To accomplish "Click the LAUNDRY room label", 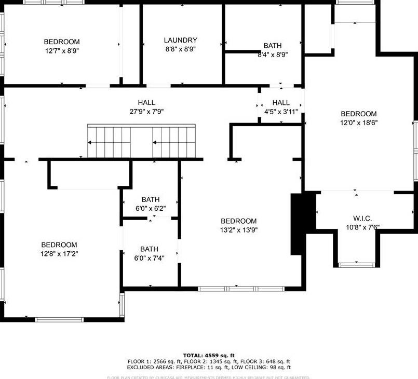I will (x=180, y=40).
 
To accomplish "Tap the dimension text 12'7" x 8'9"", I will (x=62, y=51).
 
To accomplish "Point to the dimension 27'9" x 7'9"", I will (x=146, y=112).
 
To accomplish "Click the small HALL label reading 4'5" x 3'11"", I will (x=281, y=103).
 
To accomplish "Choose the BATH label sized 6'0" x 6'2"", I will (x=151, y=199).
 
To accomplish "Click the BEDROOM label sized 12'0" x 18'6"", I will (x=358, y=114).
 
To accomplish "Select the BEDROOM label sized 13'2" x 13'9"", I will (x=239, y=221).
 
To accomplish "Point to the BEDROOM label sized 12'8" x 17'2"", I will (x=59, y=245).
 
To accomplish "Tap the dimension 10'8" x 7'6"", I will (x=363, y=227).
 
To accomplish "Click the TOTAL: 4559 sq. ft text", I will (x=209, y=356).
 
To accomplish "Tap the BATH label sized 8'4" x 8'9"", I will (x=273, y=46).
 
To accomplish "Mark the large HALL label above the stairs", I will (x=146, y=103).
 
